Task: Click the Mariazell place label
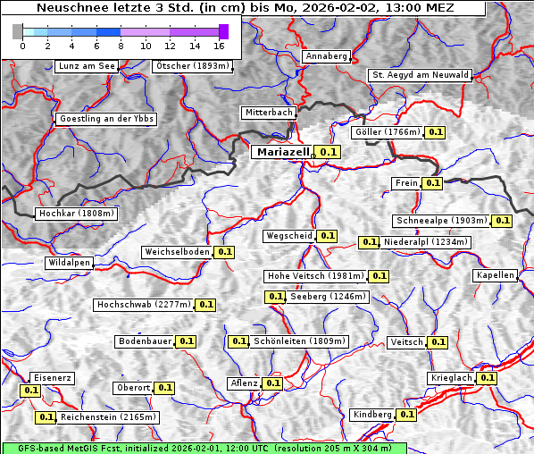[x=283, y=152]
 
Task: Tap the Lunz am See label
[x=86, y=66]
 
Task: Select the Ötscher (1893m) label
[x=192, y=66]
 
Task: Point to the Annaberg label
[x=326, y=56]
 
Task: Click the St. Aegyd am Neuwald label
[x=420, y=75]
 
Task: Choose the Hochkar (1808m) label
[x=76, y=214]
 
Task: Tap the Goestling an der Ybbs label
[x=106, y=119]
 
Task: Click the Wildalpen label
[x=69, y=264]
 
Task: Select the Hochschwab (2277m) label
[x=143, y=305]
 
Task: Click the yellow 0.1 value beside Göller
[x=435, y=132]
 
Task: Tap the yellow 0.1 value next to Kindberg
[x=406, y=415]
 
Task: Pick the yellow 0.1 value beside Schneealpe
[x=502, y=221]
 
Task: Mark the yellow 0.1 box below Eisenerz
[x=31, y=391]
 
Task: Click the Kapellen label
[x=495, y=275]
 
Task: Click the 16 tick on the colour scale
[x=219, y=45]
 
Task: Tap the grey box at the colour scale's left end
[x=18, y=31]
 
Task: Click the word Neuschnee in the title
[x=68, y=8]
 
